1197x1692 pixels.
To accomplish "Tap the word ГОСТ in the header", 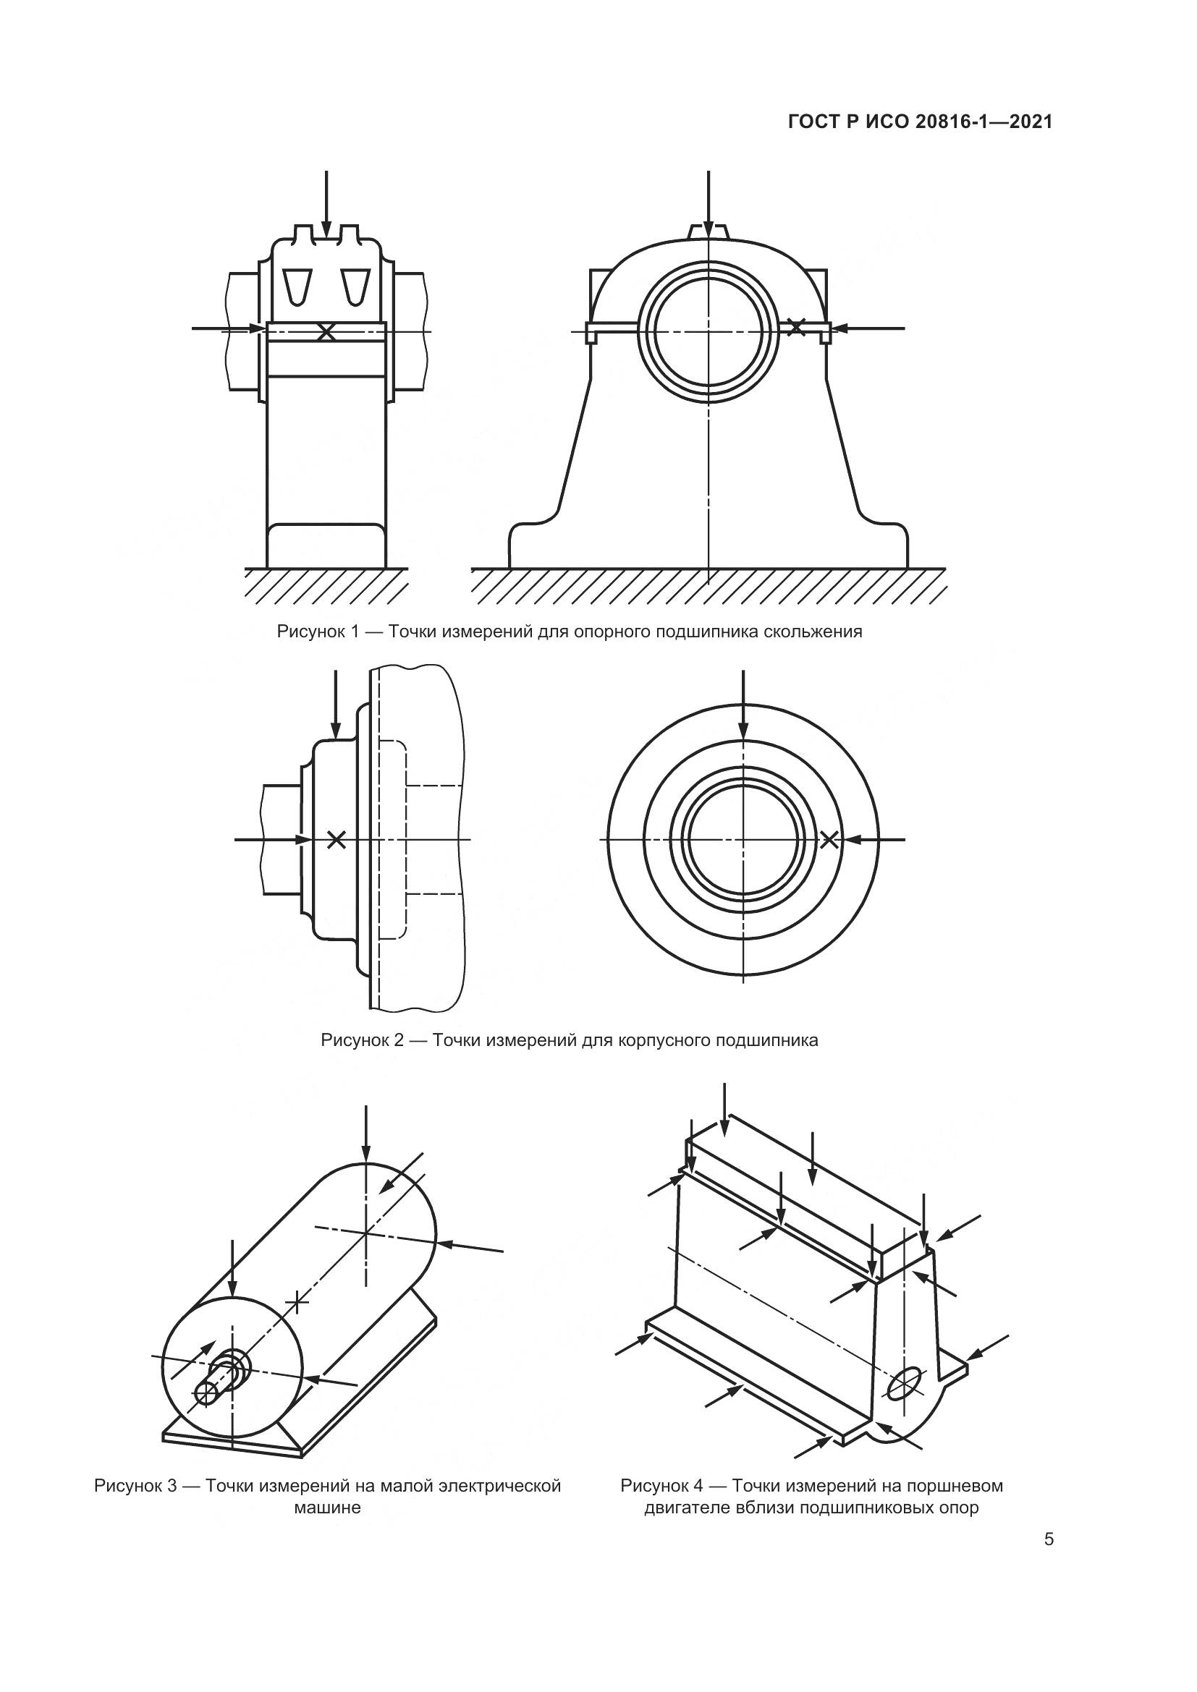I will pos(809,122).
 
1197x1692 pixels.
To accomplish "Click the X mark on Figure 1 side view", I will pos(326,331).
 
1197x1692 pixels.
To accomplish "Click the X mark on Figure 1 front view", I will pos(796,327).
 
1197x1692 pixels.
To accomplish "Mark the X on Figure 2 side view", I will pos(336,838).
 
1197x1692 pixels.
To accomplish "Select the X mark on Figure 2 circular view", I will pos(829,838).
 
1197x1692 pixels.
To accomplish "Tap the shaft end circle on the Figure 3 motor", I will pos(206,1392).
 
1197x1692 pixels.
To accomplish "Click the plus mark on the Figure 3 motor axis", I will pos(297,1303).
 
